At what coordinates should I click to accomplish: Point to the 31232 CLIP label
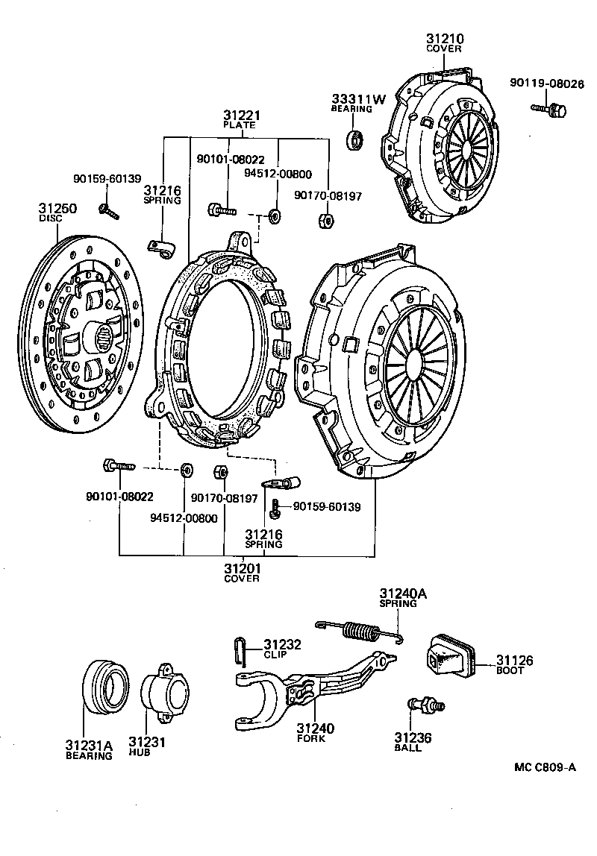click(280, 644)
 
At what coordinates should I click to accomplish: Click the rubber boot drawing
click(447, 656)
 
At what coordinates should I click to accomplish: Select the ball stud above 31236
click(425, 705)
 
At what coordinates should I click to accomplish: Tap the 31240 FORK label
click(315, 729)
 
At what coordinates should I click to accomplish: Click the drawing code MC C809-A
click(544, 767)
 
